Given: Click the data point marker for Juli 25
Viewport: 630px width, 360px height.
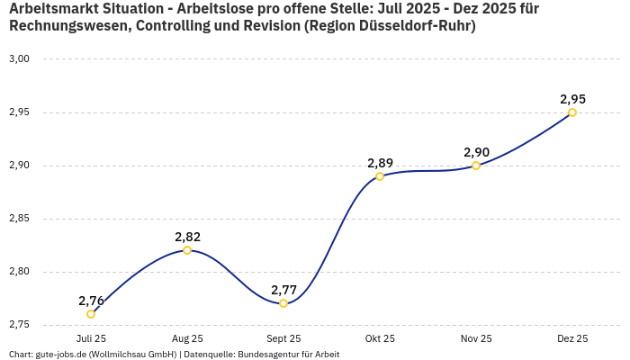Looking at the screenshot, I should (91, 314).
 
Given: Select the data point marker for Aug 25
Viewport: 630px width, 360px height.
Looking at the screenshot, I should (187, 250).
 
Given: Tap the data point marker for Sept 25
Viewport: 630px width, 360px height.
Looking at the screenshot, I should (283, 303).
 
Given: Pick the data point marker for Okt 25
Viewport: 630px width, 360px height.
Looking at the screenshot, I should (380, 176).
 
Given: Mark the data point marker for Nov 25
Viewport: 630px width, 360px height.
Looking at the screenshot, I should (476, 166).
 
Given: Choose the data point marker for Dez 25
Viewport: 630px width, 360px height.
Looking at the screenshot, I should (572, 112).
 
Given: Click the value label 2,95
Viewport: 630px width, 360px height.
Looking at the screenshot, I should (572, 99).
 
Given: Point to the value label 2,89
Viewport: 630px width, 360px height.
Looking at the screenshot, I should (380, 163).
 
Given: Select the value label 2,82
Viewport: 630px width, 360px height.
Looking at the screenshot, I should (187, 237).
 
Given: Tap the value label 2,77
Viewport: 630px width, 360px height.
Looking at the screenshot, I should (283, 290).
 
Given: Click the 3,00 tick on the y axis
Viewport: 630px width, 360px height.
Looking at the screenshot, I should (20, 59).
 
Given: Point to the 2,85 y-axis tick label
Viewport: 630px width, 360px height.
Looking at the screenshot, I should (20, 219).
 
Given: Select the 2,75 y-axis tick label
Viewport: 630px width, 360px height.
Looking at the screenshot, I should (20, 325).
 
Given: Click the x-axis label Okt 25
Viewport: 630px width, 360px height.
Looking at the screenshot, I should (380, 338).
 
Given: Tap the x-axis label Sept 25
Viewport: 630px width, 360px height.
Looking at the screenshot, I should (283, 338).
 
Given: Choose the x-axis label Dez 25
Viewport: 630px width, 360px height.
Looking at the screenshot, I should (572, 338).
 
